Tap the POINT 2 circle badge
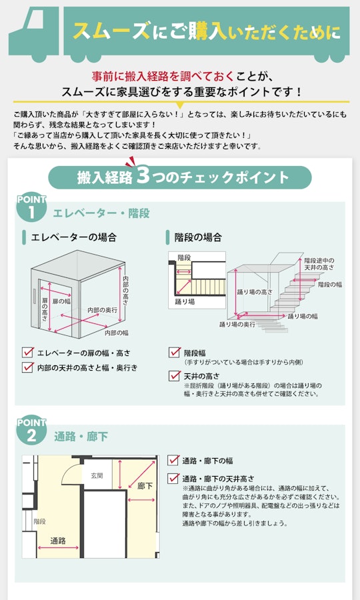pos(31,431)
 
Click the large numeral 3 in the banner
pos(143,176)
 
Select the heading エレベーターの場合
pos(73,237)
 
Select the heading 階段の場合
pos(198,237)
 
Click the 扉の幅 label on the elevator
pos(61,301)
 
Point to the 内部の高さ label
pos(125,291)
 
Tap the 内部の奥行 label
pos(102,310)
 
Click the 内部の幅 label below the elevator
pos(117,333)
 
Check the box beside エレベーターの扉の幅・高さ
pos(27,353)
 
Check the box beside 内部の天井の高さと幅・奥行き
pos(27,367)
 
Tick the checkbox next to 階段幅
pos(175,352)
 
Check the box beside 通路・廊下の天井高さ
pos(173,478)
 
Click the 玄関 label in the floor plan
pos(97,475)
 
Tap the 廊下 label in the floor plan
pos(145,487)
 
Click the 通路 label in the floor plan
pos(58,541)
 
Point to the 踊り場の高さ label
pos(255,292)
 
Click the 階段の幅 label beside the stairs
pos(330,285)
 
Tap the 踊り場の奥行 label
pos(237,325)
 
